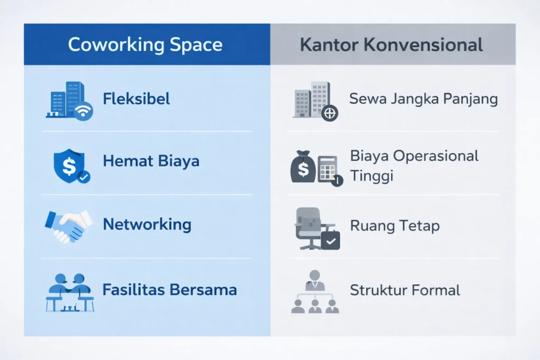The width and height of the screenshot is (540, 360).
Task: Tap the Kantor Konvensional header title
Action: (391, 45)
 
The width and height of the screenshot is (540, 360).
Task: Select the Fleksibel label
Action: (137, 99)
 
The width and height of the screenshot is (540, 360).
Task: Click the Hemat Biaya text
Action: (151, 161)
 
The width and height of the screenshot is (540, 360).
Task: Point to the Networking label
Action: (147, 225)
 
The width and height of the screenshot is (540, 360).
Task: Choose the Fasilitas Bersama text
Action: (169, 289)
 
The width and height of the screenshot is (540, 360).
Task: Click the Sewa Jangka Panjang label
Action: (423, 99)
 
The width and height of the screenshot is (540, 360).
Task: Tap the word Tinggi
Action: (372, 176)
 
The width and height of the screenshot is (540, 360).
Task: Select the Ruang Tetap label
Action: (394, 226)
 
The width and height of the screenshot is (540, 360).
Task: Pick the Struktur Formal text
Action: (405, 290)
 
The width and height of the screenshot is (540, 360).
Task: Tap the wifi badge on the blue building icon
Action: (83, 111)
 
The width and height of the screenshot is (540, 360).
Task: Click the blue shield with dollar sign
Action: (69, 165)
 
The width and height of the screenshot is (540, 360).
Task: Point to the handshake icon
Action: (69, 226)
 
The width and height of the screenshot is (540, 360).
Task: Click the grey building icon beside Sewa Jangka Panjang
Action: (312, 100)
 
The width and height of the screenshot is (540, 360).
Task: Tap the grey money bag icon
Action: (303, 167)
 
